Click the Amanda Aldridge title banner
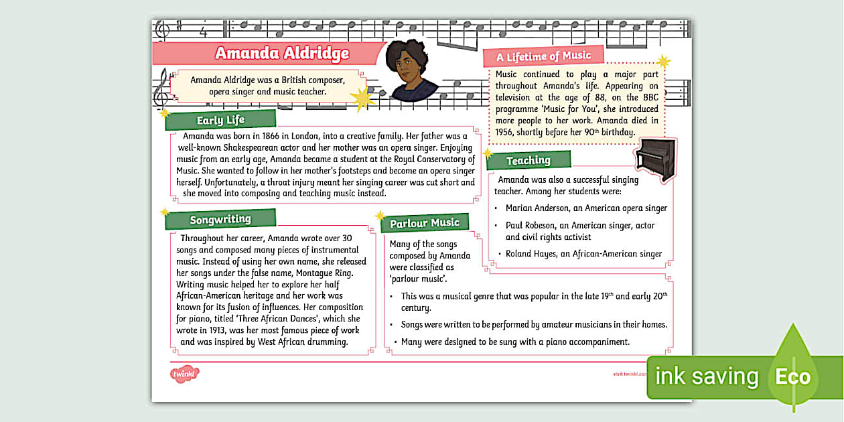(x=281, y=54)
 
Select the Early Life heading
(x=220, y=121)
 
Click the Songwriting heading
(x=220, y=220)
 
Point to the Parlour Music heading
(x=425, y=223)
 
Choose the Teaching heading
(x=528, y=161)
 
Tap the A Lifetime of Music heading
(x=543, y=56)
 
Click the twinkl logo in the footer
(x=184, y=373)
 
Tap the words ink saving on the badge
(x=706, y=376)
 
